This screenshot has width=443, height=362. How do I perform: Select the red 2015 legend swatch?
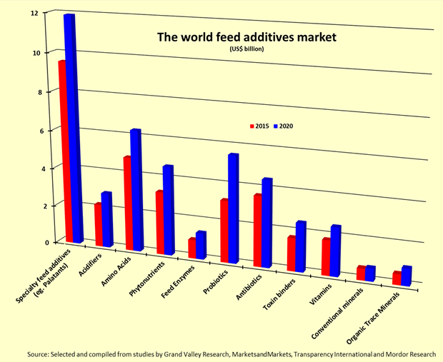252,126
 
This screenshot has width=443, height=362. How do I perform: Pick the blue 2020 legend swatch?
277,126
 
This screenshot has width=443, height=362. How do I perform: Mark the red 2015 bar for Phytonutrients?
160,221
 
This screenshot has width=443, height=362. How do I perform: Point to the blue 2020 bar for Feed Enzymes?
201,244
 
